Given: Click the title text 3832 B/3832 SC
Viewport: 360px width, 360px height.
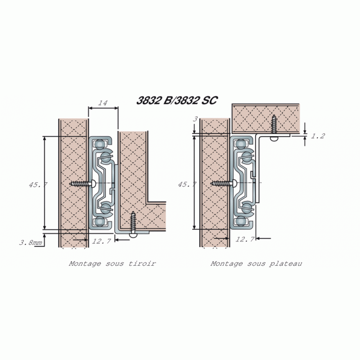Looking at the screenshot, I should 177,101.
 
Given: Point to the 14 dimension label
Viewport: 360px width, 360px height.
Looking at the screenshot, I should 102,102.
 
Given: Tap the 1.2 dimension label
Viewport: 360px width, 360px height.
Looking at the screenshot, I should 318,136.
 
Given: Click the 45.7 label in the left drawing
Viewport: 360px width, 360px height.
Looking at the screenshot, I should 35,184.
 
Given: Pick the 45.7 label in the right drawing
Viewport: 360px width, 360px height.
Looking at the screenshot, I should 187,184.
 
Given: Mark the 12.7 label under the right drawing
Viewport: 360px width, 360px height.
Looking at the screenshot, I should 245,239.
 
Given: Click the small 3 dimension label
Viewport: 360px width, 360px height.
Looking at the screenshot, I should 195,119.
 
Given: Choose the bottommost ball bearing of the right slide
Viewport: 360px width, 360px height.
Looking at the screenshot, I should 241,222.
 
